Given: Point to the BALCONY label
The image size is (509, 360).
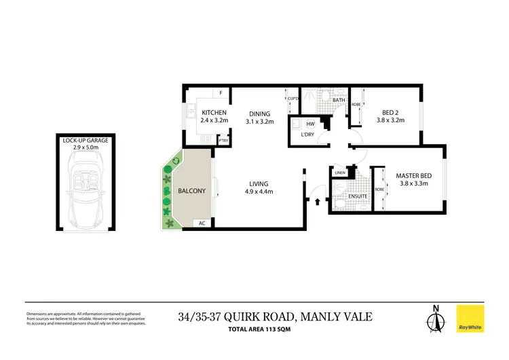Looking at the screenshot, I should (191, 191).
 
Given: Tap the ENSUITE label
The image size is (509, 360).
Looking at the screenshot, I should (358, 196).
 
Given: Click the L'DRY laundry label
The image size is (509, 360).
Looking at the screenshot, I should (307, 135).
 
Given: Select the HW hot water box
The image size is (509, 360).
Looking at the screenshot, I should (310, 124).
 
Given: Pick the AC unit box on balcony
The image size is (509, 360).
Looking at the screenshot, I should (202, 223).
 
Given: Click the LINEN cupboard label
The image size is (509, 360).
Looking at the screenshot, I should (341, 173).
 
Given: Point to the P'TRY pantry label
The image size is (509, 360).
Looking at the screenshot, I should (223, 141).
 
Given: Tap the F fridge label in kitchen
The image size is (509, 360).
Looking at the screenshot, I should (221, 93).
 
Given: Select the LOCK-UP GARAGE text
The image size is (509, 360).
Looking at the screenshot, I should (86, 140).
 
